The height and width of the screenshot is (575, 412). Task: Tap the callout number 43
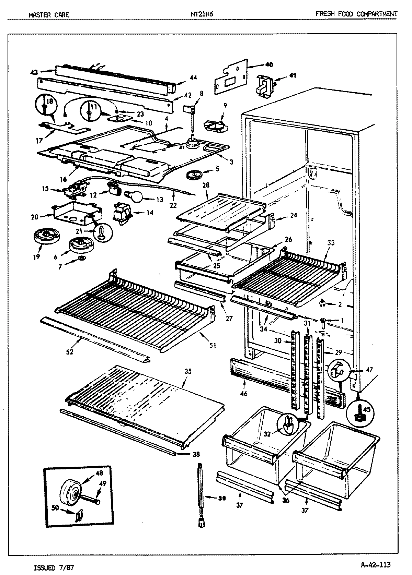(x=34, y=72)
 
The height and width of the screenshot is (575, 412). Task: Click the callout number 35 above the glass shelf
(x=188, y=371)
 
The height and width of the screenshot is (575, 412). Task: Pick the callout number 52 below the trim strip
(x=70, y=352)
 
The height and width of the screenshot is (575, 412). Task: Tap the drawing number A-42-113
(x=376, y=565)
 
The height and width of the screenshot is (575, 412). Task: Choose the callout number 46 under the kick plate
(x=244, y=393)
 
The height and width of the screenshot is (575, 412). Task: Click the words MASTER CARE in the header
(x=49, y=15)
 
